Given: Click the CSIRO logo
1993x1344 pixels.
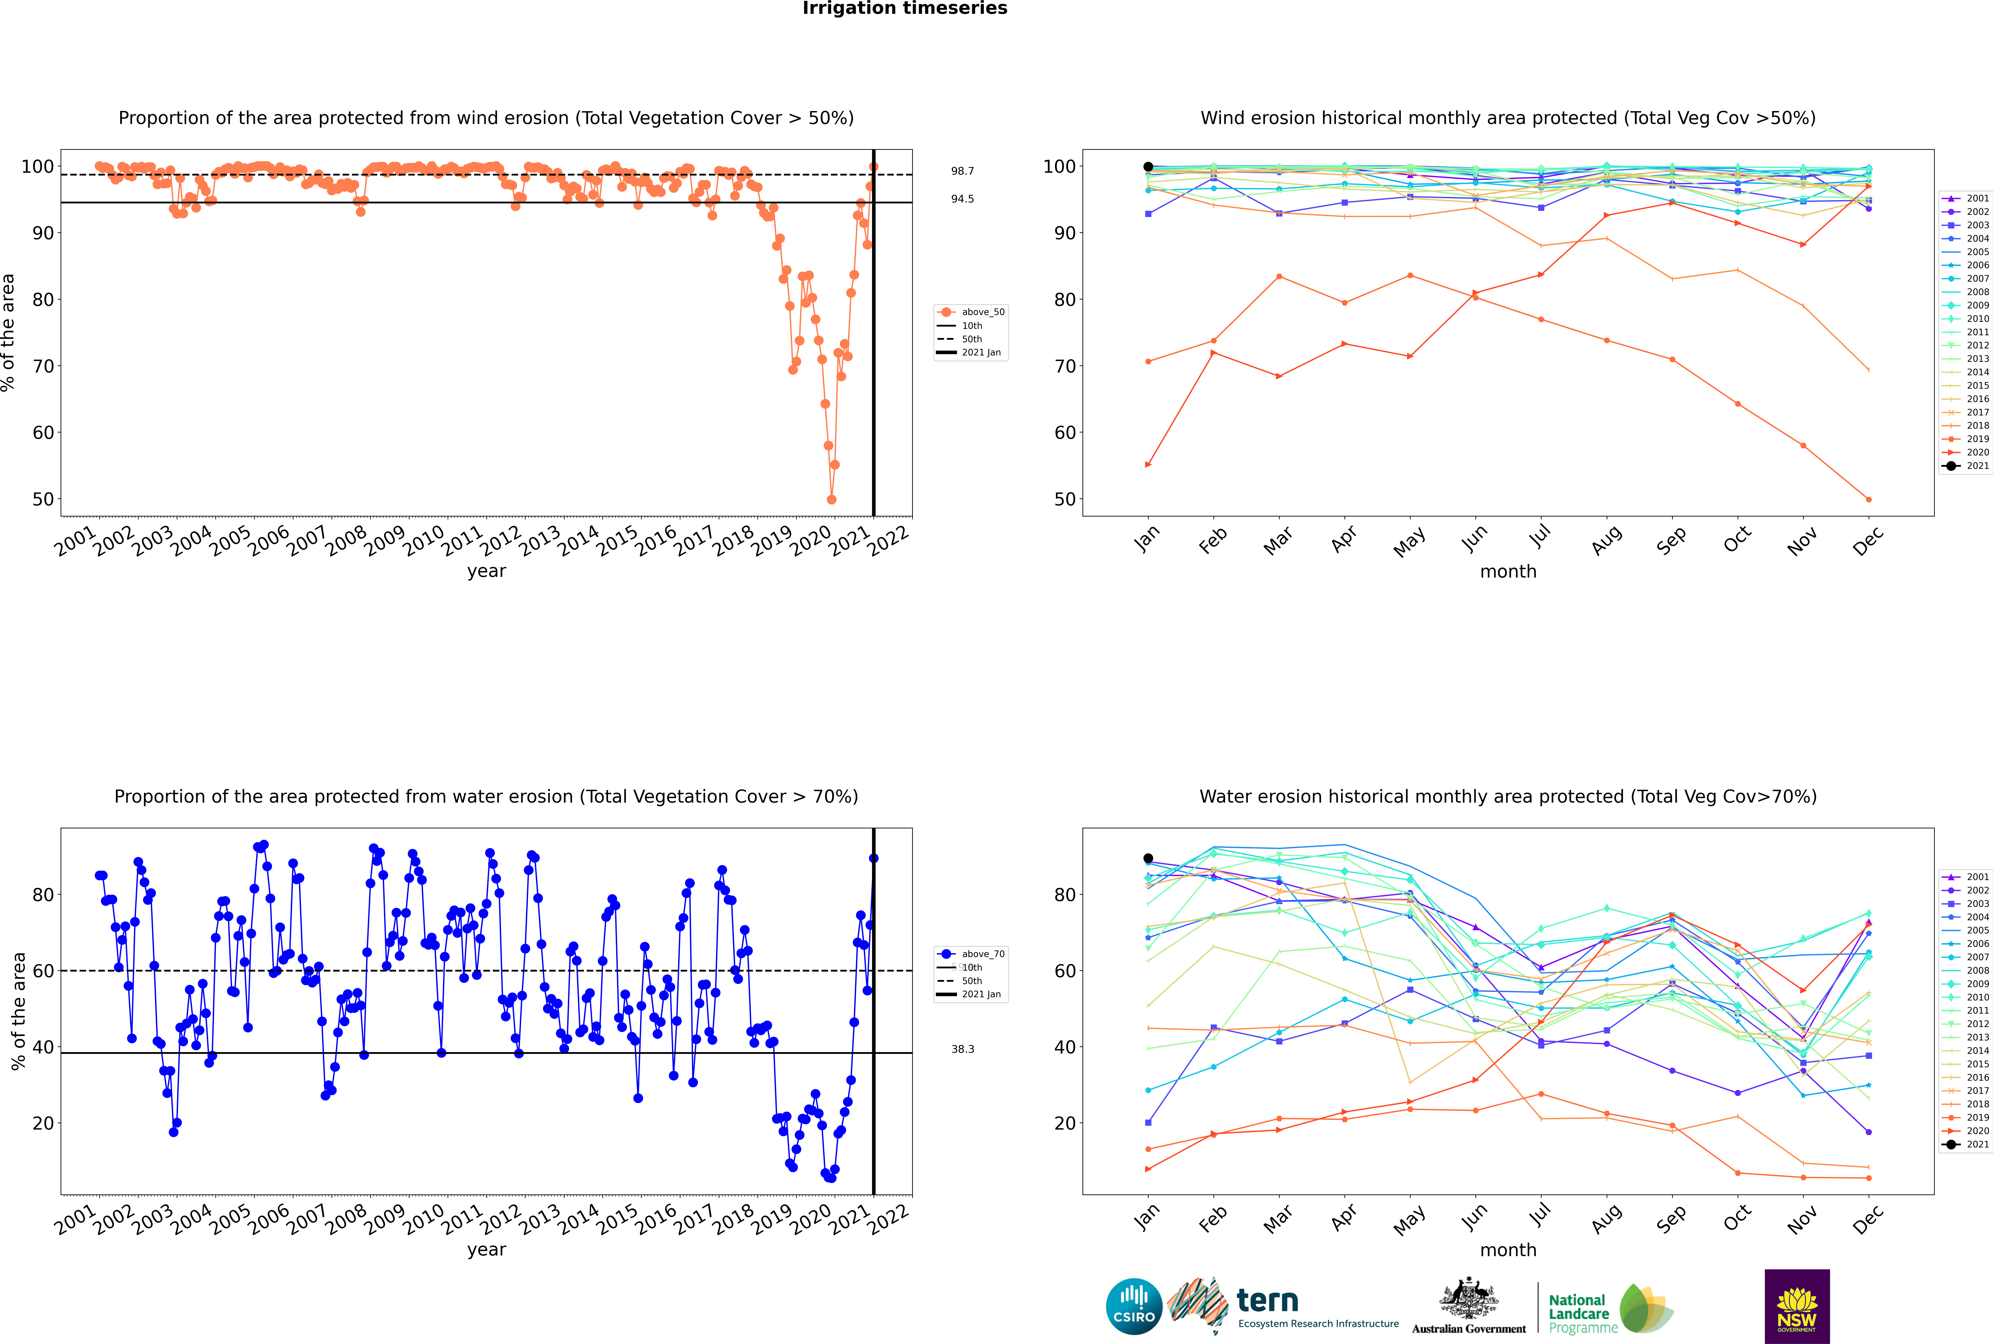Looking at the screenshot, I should pyautogui.click(x=1134, y=1306).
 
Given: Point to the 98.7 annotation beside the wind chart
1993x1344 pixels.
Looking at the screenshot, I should pyautogui.click(x=962, y=171).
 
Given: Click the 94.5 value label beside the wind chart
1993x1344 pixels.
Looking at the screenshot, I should pyautogui.click(x=962, y=199).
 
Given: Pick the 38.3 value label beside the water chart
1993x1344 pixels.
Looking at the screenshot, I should pyautogui.click(x=962, y=1049).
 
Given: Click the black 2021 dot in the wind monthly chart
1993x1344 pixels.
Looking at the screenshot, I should pyautogui.click(x=1148, y=167).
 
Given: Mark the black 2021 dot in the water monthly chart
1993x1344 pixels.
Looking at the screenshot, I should pyautogui.click(x=1148, y=858).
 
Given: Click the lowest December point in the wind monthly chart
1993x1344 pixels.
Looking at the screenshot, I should pyautogui.click(x=1869, y=500).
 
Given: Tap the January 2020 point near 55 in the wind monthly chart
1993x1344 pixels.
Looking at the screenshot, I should pyautogui.click(x=1148, y=465).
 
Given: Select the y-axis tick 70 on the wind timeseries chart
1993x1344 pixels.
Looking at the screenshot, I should pyautogui.click(x=43, y=366).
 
